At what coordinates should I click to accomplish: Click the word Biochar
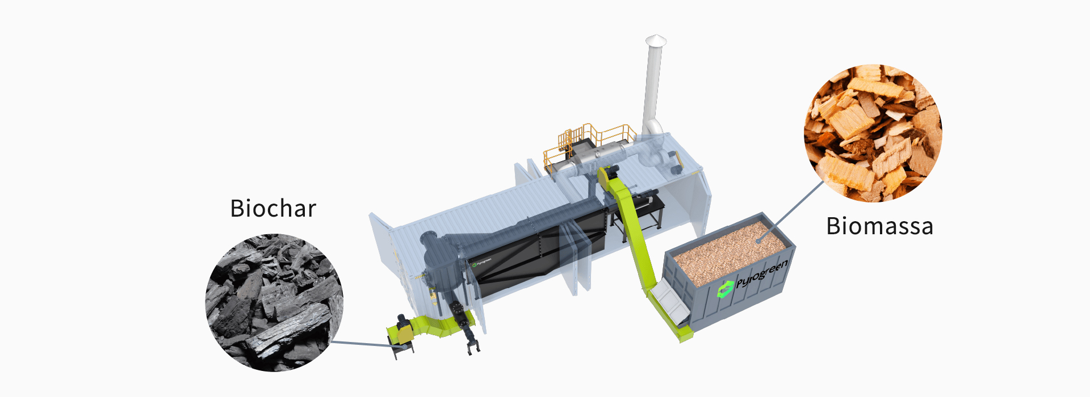(x=273, y=209)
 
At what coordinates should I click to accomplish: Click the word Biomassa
(x=879, y=226)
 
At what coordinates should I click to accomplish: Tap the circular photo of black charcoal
(x=274, y=302)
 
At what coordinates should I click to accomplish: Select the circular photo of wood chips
(x=873, y=133)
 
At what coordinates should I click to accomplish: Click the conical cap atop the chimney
(x=656, y=40)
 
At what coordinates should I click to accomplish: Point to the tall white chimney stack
(x=653, y=85)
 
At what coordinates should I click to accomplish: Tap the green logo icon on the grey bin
(x=726, y=290)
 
